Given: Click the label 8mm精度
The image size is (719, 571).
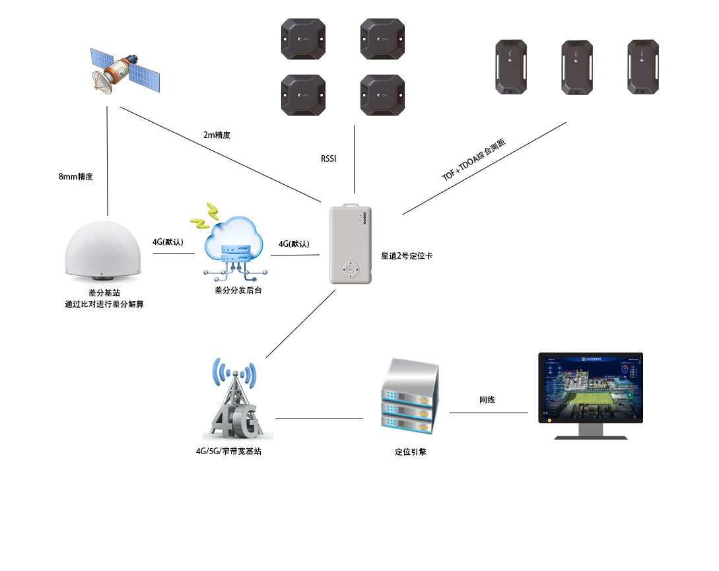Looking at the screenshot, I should [75, 177].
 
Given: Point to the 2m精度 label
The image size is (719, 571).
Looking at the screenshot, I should [217, 135].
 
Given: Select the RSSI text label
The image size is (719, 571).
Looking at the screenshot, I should [329, 159].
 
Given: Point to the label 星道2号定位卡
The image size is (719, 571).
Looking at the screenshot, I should [407, 255].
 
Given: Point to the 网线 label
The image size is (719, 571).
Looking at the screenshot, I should [487, 400].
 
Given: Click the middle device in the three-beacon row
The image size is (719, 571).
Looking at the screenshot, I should [577, 67].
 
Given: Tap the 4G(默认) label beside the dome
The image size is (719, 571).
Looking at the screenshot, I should [168, 242].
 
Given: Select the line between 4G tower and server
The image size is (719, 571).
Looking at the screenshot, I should [319, 419].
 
